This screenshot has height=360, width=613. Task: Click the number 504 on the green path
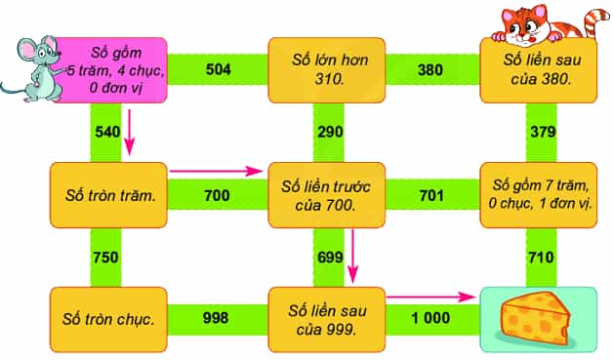pyautogui.click(x=218, y=69)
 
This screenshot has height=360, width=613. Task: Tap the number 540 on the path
pyautogui.click(x=107, y=132)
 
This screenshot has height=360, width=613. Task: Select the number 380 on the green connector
pyautogui.click(x=430, y=70)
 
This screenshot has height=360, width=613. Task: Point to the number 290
pyautogui.click(x=330, y=132)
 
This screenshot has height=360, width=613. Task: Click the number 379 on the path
pyautogui.click(x=543, y=132)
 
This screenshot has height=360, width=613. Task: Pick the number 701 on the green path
pyautogui.click(x=431, y=195)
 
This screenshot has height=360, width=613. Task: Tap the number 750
pyautogui.click(x=105, y=258)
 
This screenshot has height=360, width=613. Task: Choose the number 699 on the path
pyautogui.click(x=330, y=258)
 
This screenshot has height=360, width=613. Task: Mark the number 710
pyautogui.click(x=541, y=258)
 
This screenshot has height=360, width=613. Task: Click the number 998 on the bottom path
pyautogui.click(x=216, y=317)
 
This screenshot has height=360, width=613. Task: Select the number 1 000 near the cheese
pyautogui.click(x=430, y=317)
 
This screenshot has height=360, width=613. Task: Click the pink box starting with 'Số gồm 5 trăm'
pyautogui.click(x=112, y=70)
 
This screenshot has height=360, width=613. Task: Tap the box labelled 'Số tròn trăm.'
pyautogui.click(x=108, y=195)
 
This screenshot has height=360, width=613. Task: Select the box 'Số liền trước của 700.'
pyautogui.click(x=326, y=195)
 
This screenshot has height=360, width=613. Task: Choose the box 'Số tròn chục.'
pyautogui.click(x=108, y=319)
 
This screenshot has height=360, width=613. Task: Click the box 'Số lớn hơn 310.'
pyautogui.click(x=326, y=70)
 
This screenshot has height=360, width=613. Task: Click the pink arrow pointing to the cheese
pyautogui.click(x=430, y=297)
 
